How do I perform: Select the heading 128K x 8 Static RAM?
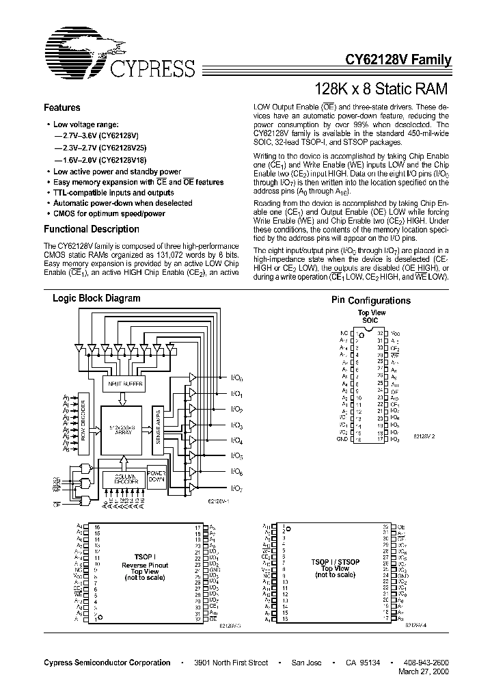click(x=380, y=88)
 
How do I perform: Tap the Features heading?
click(x=62, y=108)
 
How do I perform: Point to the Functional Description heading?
click(x=92, y=230)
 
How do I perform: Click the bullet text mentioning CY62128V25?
click(x=100, y=147)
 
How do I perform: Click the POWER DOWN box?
click(x=157, y=476)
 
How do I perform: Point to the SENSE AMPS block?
click(x=159, y=425)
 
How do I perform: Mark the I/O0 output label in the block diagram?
click(x=236, y=378)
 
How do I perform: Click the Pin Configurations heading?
click(x=371, y=301)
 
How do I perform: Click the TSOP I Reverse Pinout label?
click(x=144, y=565)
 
